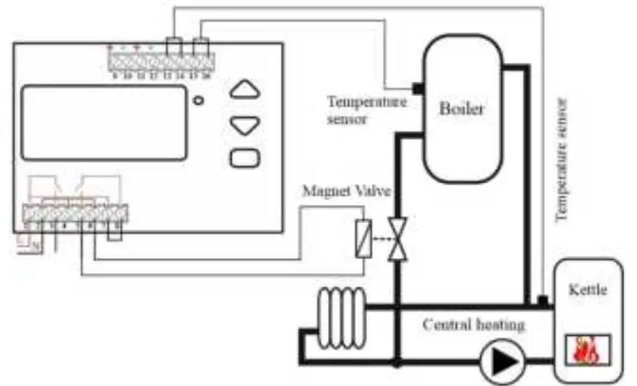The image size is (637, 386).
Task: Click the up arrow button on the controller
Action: click(x=245, y=91)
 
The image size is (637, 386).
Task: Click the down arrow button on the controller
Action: click(x=245, y=124)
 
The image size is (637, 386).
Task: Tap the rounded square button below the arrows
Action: click(x=245, y=156)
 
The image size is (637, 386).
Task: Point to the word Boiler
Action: click(x=462, y=108)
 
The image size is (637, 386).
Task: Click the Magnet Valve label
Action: click(x=339, y=191)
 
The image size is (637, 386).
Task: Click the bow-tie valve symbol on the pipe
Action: click(x=398, y=238)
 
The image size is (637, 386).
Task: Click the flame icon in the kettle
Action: click(x=589, y=349)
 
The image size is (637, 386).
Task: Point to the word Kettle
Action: click(x=589, y=291)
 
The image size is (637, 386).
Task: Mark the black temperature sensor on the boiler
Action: click(x=415, y=87)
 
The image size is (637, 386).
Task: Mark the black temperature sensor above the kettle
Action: click(x=542, y=300)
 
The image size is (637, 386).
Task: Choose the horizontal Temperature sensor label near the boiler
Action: click(x=366, y=110)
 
